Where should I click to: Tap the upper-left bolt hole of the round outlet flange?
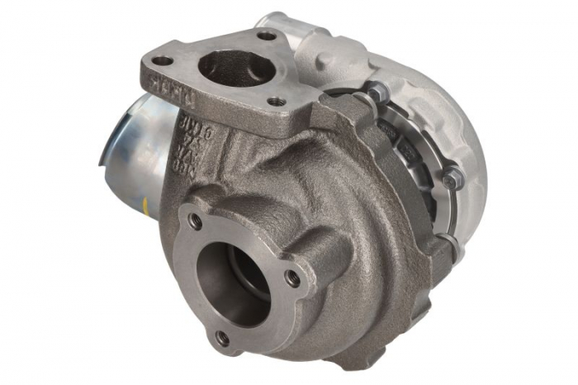[x=196, y=221]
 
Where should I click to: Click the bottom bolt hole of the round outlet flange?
[x=221, y=337]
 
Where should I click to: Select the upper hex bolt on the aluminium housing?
[x=373, y=93]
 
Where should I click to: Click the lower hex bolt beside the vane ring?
[x=451, y=176]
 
